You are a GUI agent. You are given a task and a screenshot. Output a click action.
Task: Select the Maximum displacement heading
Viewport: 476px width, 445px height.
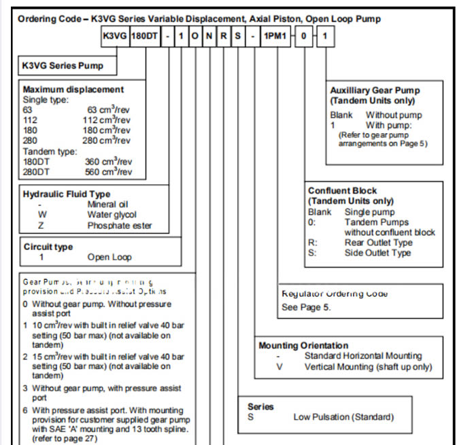[x=73, y=89]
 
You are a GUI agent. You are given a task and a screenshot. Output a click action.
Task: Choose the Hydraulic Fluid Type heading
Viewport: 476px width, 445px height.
[x=67, y=194]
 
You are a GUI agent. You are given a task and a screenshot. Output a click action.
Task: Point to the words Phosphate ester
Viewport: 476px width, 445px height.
[x=120, y=225]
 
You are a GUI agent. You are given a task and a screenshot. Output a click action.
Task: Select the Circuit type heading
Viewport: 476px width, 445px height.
[x=48, y=247]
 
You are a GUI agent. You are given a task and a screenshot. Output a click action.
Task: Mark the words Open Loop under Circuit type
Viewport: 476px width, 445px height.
[x=109, y=257]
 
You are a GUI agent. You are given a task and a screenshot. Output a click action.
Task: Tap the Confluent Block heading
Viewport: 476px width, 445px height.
[x=343, y=191]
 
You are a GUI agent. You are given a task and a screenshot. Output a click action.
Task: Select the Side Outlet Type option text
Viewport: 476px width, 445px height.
[x=377, y=253]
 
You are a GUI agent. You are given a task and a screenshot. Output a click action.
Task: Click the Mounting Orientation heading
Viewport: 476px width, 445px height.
[x=303, y=345]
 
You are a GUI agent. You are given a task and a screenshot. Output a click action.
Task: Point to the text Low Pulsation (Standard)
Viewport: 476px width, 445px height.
[x=343, y=416]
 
